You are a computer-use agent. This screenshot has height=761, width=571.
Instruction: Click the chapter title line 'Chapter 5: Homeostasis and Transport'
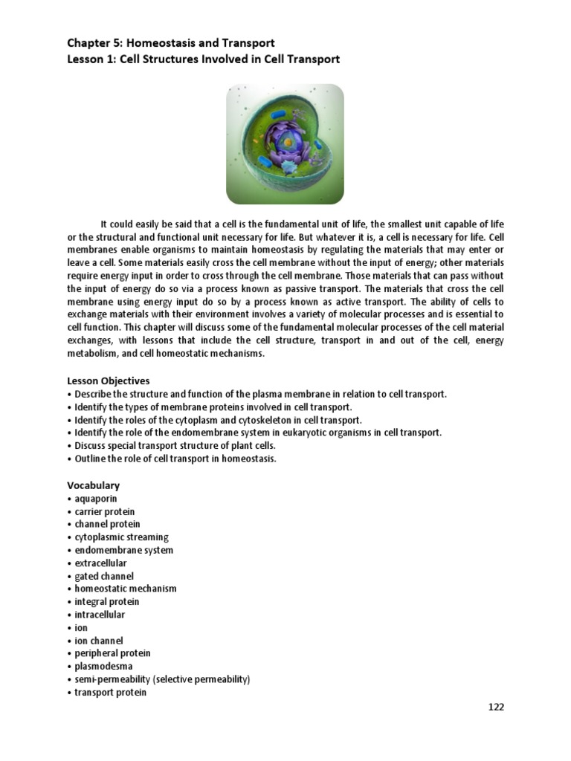(170, 44)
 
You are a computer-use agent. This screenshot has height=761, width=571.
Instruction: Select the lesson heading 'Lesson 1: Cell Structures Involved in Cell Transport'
(203, 59)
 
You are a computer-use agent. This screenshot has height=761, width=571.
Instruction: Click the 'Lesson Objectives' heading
(108, 380)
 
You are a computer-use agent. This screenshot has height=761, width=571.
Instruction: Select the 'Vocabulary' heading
(93, 485)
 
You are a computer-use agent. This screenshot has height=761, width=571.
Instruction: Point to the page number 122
(496, 707)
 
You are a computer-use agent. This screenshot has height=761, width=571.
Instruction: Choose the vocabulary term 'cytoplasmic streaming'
(121, 537)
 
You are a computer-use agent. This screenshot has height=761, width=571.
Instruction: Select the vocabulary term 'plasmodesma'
(103, 666)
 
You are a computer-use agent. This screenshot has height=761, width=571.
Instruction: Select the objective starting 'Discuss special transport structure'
(175, 445)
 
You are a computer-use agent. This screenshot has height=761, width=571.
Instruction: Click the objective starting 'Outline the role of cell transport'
(175, 459)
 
